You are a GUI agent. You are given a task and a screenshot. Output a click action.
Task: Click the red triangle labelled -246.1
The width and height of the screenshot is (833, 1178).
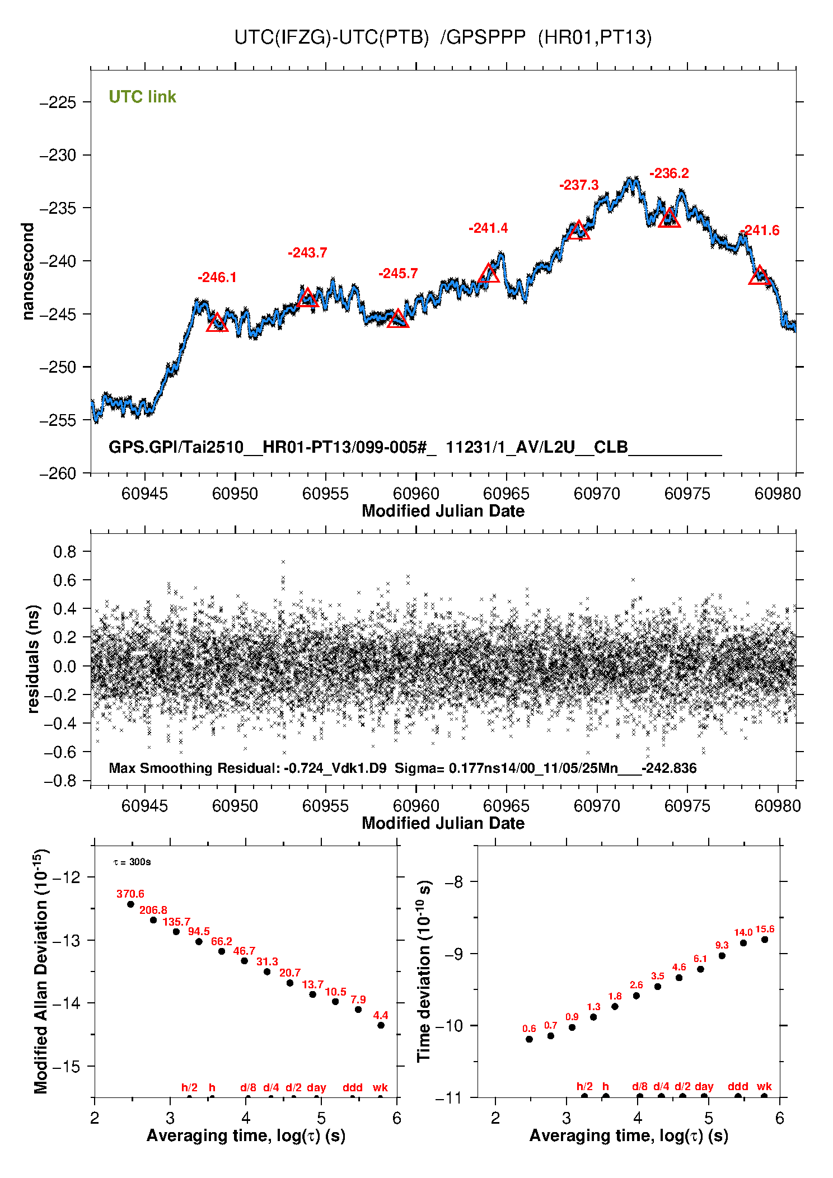point(217,323)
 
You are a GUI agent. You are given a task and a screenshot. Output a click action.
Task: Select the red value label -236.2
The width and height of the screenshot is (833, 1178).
point(669,173)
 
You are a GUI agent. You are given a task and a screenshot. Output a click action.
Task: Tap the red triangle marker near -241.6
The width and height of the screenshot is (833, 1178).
point(760,276)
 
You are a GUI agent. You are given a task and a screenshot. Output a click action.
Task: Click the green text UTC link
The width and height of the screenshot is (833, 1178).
point(142,97)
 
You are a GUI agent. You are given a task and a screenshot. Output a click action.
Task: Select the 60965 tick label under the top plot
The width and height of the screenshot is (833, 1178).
point(506,494)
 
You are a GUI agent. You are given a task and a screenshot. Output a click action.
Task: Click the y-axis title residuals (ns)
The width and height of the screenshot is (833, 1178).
point(34,659)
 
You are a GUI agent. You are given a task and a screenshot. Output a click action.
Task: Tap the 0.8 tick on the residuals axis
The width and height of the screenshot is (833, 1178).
point(64,552)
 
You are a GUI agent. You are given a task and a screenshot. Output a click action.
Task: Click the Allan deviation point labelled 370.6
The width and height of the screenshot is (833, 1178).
point(131,904)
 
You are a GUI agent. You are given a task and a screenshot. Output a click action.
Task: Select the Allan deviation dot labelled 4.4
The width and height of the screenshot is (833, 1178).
point(381,1025)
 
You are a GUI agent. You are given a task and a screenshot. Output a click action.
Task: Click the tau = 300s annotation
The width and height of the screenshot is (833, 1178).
point(132,862)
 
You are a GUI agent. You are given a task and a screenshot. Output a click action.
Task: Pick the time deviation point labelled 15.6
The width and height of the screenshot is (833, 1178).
point(765,940)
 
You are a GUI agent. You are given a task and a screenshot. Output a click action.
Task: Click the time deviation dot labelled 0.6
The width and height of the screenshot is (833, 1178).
point(529,1039)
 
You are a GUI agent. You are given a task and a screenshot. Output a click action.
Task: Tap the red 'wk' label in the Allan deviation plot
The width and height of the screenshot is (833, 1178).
point(380,1087)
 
